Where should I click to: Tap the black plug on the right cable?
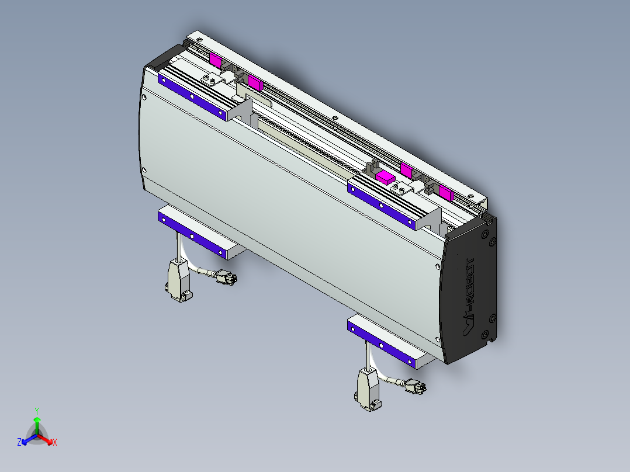[x=416, y=387]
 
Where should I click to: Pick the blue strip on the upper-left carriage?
[x=192, y=96]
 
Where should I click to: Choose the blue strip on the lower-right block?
[x=381, y=344]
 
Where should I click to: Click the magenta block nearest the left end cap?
[x=216, y=59]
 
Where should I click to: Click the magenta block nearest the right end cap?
[x=446, y=193]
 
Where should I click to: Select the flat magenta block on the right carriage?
[x=386, y=176]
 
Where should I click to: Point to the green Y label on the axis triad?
[x=36, y=411]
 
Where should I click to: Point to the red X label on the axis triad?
[x=55, y=443]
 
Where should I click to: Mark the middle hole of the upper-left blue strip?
[x=192, y=96]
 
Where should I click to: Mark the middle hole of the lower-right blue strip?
[x=381, y=345]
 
